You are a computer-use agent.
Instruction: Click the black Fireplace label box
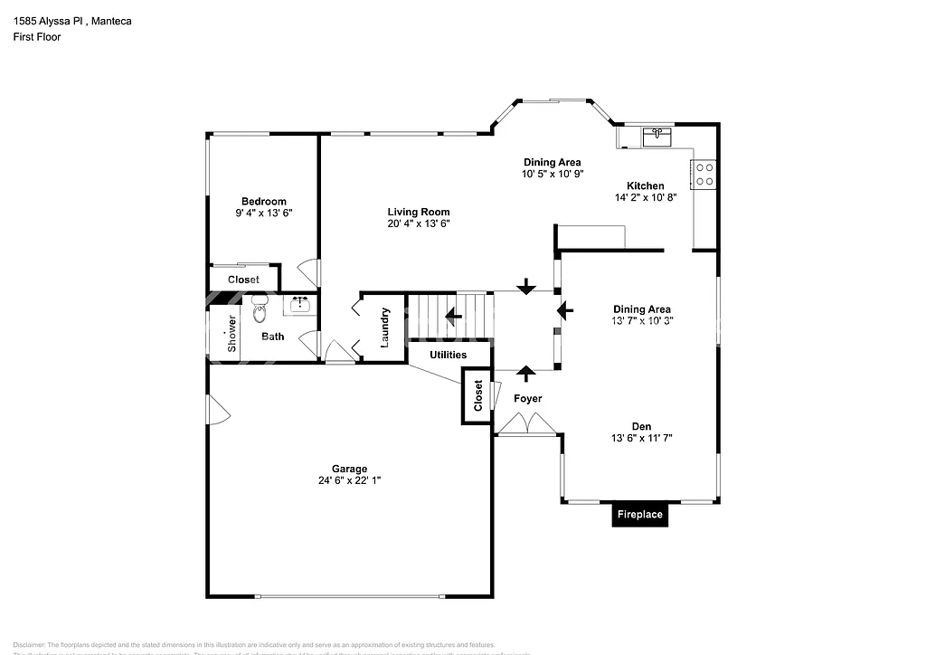pos(639,515)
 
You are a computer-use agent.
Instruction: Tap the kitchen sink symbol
pos(657,138)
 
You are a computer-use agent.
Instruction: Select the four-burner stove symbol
pos(704,174)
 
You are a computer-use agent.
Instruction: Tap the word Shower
pos(232,333)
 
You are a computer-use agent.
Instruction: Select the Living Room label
pos(418,212)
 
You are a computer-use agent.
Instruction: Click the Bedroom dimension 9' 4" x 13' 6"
pos(263,213)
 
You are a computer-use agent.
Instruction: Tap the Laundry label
pos(385,327)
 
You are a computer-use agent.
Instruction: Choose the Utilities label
pos(448,355)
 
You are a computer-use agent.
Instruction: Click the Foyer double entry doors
pos(527,423)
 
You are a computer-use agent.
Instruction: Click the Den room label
pos(642,426)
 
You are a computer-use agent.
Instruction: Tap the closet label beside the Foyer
pos(478,395)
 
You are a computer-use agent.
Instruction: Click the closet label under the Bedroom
pos(243,280)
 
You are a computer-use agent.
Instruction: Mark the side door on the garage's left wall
pos(217,410)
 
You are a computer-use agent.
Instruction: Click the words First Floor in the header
pos(37,37)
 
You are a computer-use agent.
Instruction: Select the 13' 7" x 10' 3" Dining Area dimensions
pos(642,320)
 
